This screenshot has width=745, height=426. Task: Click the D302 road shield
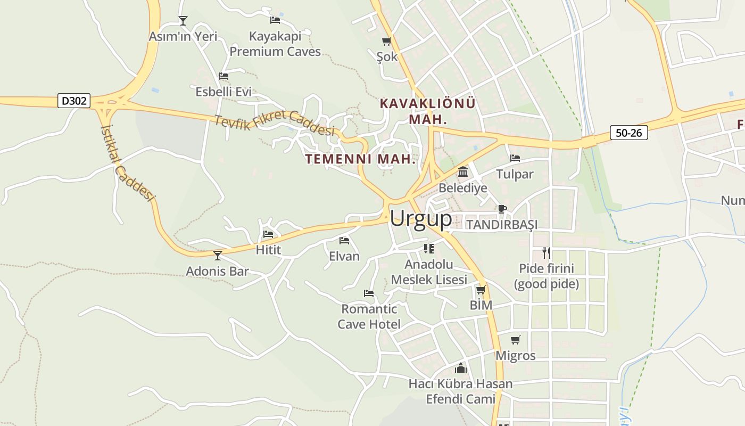click(x=74, y=101)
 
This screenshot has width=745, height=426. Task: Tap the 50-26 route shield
click(x=628, y=133)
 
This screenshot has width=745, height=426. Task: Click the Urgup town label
click(x=421, y=218)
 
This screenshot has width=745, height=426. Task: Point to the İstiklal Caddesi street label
click(x=127, y=163)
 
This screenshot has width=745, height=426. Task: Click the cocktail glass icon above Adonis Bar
click(x=218, y=256)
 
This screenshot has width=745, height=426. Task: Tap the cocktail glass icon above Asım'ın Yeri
click(x=183, y=21)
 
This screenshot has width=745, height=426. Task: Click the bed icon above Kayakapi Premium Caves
click(x=275, y=20)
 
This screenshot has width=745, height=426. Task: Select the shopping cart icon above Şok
click(x=387, y=41)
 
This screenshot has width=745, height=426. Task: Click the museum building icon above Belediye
click(x=463, y=172)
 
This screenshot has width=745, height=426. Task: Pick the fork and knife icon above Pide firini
click(x=547, y=252)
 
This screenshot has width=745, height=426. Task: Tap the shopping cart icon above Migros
click(x=515, y=340)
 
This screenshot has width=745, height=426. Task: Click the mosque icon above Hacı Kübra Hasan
click(x=461, y=368)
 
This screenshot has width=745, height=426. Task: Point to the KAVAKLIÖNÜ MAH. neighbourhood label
click(x=428, y=111)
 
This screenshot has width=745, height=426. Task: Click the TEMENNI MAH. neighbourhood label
click(x=360, y=159)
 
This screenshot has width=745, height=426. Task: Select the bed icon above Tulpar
click(x=515, y=158)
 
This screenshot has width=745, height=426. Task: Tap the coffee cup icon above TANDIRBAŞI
click(x=502, y=209)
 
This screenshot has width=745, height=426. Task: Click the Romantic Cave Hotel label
click(x=369, y=316)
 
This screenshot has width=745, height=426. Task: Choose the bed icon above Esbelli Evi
click(x=223, y=76)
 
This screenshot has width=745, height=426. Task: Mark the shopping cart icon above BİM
click(x=481, y=290)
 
